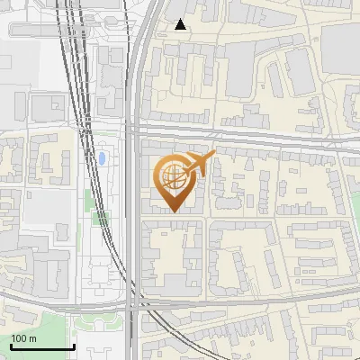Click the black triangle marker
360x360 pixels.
point(182,24)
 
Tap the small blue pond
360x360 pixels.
point(103,159)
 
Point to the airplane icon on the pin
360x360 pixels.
point(199,165)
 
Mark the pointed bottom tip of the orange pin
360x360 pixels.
point(175,212)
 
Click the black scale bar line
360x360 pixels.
point(41,347)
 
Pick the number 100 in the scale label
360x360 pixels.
point(20,338)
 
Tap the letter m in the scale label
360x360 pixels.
point(33,339)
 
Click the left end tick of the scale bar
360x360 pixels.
point(11,346)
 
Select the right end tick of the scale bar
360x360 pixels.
point(73,346)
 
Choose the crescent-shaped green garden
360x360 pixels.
point(97,320)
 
